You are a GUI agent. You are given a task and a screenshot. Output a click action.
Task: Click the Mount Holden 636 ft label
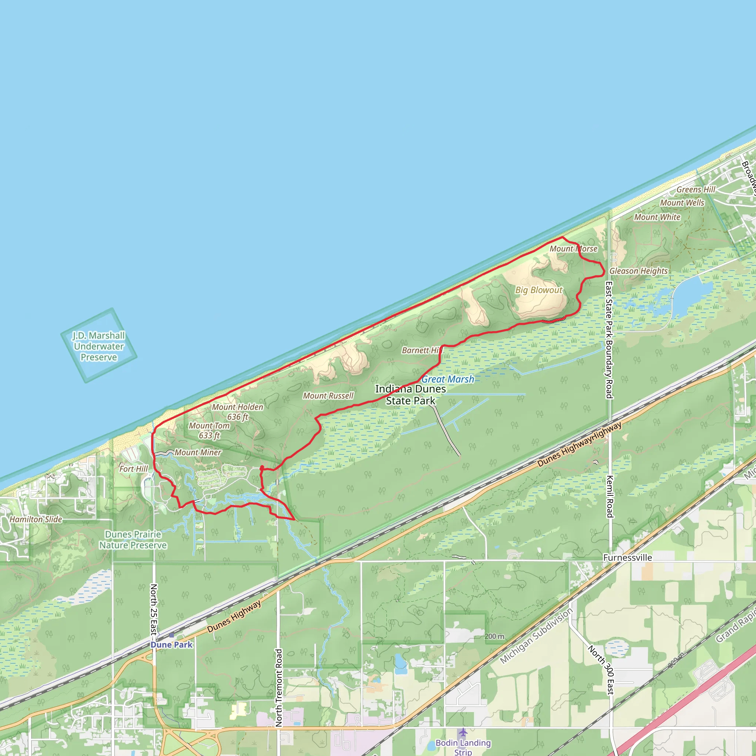click(237, 412)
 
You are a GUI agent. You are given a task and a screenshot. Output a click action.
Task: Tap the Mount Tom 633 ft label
click(209, 430)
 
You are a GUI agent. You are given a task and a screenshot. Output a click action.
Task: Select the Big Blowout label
click(539, 290)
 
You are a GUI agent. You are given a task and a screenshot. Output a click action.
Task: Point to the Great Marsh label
click(447, 379)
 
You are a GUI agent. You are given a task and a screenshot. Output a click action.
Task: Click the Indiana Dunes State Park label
click(410, 395)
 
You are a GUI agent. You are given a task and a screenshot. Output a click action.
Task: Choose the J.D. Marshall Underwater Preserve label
click(99, 346)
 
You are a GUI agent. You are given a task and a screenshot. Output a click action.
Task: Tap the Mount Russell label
click(328, 396)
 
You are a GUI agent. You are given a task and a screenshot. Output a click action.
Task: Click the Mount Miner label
click(197, 452)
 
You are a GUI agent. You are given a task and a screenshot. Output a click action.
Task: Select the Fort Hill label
click(133, 469)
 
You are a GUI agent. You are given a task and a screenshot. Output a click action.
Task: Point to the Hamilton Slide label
click(36, 519)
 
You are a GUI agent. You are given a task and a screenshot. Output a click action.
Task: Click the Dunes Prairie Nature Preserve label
click(133, 540)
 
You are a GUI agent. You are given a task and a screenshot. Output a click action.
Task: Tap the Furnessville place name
click(627, 558)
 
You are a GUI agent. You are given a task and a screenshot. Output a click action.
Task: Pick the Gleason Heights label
click(638, 271)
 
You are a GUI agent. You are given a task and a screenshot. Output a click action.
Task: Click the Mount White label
click(657, 217)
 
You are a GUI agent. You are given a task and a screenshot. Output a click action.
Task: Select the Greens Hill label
click(696, 189)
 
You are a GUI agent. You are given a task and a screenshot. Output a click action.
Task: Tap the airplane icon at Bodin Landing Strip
click(463, 732)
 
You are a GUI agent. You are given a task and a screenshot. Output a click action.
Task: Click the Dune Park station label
click(171, 645)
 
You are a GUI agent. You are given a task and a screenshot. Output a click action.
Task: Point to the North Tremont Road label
click(279, 687)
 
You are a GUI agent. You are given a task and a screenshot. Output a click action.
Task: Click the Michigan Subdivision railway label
click(536, 636)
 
